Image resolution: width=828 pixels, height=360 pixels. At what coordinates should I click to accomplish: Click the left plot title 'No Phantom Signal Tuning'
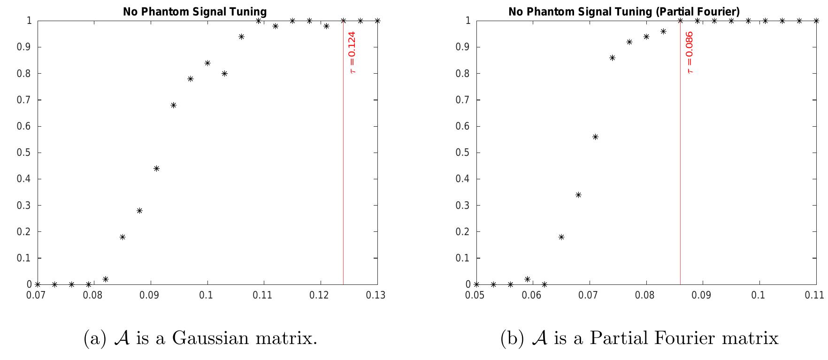pos(194,12)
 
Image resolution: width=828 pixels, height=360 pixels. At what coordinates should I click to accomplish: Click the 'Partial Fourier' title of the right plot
pos(624,12)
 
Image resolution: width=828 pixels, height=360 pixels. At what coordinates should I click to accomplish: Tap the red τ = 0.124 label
pos(353,52)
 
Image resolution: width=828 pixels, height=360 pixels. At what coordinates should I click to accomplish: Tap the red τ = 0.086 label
pos(690,52)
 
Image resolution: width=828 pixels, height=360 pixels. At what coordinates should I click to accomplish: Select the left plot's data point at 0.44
pos(156,169)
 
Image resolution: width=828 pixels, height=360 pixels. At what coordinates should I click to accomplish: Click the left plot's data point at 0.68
pos(173,105)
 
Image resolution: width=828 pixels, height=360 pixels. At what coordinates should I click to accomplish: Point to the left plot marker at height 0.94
pos(241,37)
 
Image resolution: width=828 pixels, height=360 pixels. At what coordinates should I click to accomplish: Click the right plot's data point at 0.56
pos(595,137)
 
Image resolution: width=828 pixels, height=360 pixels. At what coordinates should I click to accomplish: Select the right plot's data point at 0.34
pos(578,195)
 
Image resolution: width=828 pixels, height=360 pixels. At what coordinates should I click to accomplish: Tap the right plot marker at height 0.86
pos(612,58)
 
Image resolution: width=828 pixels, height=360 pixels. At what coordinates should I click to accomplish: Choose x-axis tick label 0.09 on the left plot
pos(150,295)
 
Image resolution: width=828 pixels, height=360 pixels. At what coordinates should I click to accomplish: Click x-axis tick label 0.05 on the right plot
pos(476,295)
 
